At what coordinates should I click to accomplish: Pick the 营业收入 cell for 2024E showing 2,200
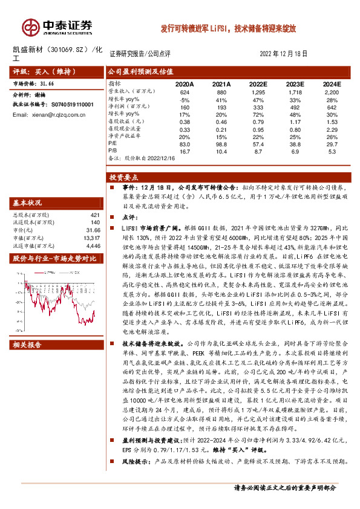(x=332, y=91)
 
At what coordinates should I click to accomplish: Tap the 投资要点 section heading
(x=124, y=178)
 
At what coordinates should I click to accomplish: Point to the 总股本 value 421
(x=95, y=215)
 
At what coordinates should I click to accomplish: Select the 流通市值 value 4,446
(x=94, y=245)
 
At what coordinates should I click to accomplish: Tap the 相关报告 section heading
(x=27, y=345)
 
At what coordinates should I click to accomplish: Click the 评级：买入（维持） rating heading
(x=38, y=71)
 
